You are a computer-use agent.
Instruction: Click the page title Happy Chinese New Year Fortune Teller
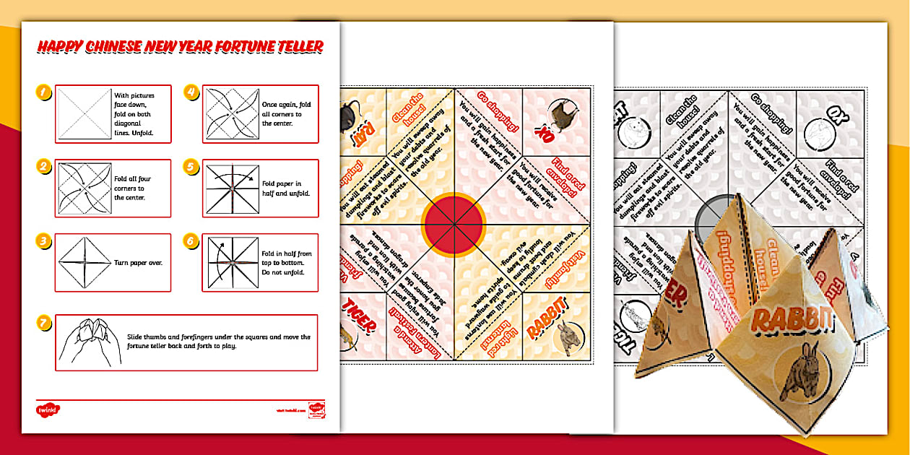click(x=180, y=48)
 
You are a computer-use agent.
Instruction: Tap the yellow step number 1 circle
click(x=44, y=92)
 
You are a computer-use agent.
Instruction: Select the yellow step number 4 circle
click(x=191, y=92)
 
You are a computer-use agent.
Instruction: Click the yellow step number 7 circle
click(x=44, y=324)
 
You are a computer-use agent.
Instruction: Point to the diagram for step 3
click(x=84, y=262)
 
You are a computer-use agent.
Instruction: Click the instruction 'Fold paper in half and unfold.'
click(x=287, y=188)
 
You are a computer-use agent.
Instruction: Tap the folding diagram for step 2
click(x=84, y=188)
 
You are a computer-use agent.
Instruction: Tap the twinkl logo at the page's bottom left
click(x=48, y=409)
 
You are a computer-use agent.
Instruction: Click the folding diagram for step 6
click(x=230, y=262)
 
